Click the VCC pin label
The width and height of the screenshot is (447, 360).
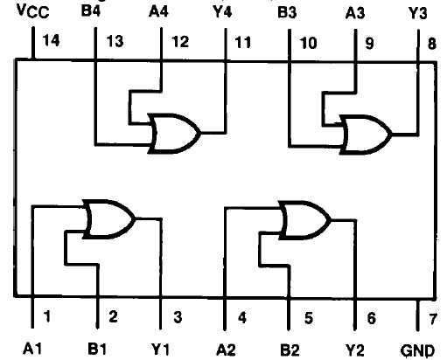[33, 11]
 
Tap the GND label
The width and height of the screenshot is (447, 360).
[417, 350]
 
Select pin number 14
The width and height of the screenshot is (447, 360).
[51, 40]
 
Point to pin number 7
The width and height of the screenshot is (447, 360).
[433, 319]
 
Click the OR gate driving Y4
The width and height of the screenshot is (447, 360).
[174, 134]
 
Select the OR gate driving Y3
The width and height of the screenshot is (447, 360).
[366, 135]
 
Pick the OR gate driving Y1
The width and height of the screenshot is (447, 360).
[109, 219]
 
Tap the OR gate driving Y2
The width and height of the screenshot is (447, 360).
[304, 220]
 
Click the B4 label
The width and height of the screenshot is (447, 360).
[91, 11]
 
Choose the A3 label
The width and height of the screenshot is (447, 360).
[355, 13]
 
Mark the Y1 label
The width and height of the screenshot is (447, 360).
[160, 349]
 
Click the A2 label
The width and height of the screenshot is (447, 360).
[226, 350]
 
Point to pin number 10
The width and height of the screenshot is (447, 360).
[308, 43]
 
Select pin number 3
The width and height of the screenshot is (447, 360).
[178, 317]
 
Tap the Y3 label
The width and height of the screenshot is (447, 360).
[417, 14]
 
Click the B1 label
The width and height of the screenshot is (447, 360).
[97, 349]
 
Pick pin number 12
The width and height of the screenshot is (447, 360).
[180, 42]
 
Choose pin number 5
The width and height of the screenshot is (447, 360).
[309, 318]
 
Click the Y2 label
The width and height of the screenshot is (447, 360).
[355, 350]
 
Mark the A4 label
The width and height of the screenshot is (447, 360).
[158, 11]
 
